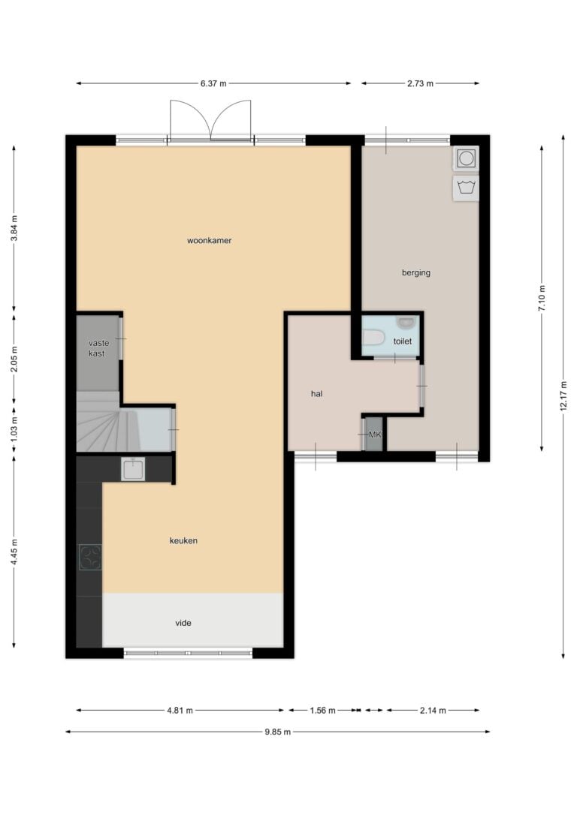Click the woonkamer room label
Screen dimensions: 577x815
(x=209, y=241)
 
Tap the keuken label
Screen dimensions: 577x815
(x=183, y=540)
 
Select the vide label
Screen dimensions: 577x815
(x=183, y=623)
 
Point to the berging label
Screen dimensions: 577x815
(x=416, y=272)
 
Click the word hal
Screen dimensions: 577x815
(x=316, y=393)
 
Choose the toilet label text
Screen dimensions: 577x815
(x=402, y=341)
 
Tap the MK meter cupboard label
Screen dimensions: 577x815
(x=375, y=434)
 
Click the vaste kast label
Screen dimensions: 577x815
(x=98, y=348)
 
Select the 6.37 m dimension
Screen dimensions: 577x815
(x=213, y=83)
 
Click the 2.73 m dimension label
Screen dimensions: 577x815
(x=421, y=83)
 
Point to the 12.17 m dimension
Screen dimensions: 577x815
(x=563, y=396)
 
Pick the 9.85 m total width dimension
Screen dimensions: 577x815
(x=277, y=732)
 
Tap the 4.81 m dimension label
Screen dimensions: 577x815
(x=180, y=710)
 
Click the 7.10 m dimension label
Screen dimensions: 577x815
(x=542, y=299)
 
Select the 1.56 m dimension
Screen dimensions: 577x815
(x=322, y=710)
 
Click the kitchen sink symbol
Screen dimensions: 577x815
(x=133, y=469)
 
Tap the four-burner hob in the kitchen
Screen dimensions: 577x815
(x=90, y=557)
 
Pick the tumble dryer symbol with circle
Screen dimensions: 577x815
(x=466, y=158)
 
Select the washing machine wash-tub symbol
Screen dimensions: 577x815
(x=466, y=187)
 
